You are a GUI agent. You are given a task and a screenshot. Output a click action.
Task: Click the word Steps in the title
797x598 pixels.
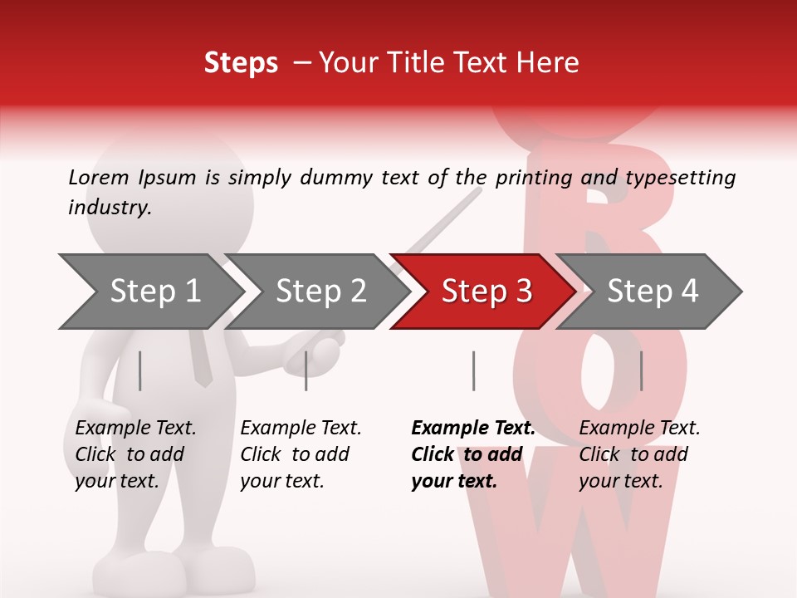click(x=241, y=63)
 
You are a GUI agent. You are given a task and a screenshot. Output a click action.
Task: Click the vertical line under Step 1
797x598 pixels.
click(x=140, y=370)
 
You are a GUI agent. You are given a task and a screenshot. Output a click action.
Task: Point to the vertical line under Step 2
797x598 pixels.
click(x=306, y=370)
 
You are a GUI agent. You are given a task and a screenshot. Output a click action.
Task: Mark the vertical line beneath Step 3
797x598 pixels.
click(x=473, y=370)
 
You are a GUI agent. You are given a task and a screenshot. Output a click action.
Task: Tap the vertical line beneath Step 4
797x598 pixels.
click(x=641, y=370)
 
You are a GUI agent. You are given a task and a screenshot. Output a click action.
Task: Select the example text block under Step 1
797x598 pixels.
click(x=135, y=453)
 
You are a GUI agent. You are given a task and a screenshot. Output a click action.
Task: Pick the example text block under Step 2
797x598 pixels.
click(x=301, y=453)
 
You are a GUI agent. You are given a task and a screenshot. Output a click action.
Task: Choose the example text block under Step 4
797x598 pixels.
click(x=639, y=453)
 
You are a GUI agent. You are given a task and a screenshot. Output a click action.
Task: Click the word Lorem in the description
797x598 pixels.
click(x=97, y=177)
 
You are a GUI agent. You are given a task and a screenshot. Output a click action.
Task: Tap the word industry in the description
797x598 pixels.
click(x=109, y=208)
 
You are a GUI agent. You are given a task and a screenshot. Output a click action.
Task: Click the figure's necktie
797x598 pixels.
click(x=200, y=357)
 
